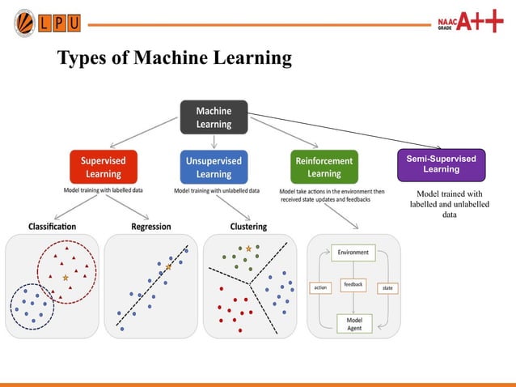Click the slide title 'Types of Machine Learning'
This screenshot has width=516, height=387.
coord(173,59)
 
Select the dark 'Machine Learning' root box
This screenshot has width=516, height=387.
coord(214,117)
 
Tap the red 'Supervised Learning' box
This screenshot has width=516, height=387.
coord(104,168)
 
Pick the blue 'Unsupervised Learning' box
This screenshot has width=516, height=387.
coord(214,168)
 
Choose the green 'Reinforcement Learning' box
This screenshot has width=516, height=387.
coord(324,168)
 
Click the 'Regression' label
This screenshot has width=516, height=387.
coord(150,227)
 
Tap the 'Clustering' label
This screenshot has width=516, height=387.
coord(248,227)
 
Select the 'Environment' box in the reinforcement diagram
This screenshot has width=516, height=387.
coord(353,253)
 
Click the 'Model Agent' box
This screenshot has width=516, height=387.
coord(354,323)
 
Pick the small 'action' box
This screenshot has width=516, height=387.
coord(320,287)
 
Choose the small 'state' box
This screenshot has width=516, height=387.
coord(387,287)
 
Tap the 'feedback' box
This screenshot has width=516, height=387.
coord(353,284)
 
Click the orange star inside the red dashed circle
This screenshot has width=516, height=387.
coord(66,278)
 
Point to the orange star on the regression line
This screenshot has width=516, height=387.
coord(169,266)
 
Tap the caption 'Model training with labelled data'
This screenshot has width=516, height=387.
coord(103,191)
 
